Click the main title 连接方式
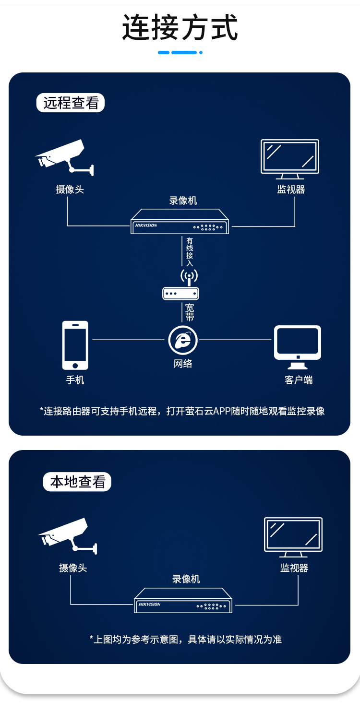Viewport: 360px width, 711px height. [x=180, y=27]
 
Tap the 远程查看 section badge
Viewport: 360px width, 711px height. [x=71, y=103]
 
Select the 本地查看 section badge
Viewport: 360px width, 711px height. [x=77, y=482]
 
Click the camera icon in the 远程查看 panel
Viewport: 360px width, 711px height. [x=64, y=157]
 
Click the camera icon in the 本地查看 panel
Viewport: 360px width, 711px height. [x=68, y=536]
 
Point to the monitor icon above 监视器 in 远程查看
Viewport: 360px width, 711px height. [x=290, y=159]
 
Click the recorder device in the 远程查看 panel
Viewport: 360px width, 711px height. [x=180, y=221]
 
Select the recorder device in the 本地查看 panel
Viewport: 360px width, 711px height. [x=183, y=600]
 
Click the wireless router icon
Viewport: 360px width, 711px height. [x=180, y=284]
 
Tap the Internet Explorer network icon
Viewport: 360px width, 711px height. [x=183, y=340]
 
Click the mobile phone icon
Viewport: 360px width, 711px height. [x=75, y=345]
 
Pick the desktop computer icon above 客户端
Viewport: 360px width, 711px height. [x=298, y=347]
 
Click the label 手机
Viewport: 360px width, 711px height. [x=75, y=380]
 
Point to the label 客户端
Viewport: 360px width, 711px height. [x=299, y=380]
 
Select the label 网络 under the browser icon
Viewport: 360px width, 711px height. [x=183, y=364]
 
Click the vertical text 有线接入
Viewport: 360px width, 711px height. [x=190, y=252]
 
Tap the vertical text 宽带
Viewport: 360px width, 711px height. [x=190, y=312]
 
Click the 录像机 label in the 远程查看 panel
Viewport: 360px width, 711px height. [x=183, y=201]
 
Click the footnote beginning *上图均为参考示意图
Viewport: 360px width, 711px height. [x=185, y=639]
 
